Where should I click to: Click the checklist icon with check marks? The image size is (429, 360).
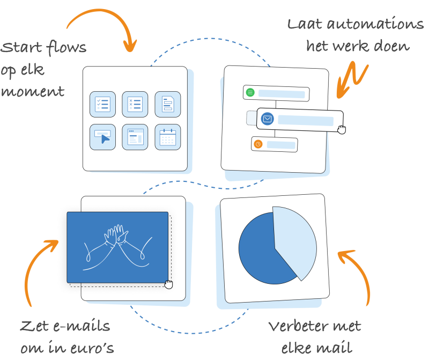[x=102, y=104]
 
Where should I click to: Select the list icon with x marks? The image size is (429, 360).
[x=135, y=104]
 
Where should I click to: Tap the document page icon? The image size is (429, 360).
[x=168, y=104]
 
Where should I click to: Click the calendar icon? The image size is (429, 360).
[x=168, y=137]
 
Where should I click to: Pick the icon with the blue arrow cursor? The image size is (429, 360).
[x=102, y=137]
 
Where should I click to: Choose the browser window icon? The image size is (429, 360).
[x=135, y=137]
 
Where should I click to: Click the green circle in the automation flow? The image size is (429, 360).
[x=250, y=93]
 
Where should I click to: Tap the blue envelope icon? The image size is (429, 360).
[x=268, y=119]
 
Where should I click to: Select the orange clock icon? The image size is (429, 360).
[x=258, y=144]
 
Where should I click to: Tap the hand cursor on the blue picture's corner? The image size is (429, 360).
[x=169, y=284]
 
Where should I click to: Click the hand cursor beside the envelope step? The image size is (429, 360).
[x=342, y=129]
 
